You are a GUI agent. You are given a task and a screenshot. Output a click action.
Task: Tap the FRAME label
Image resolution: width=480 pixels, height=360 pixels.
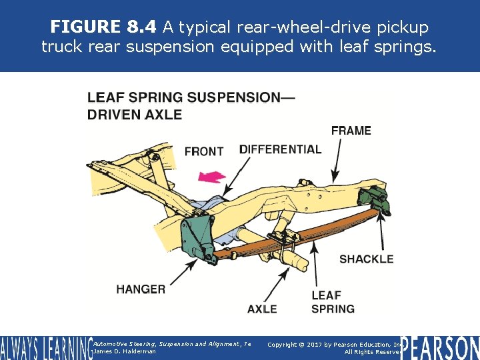pyautogui.click(x=351, y=131)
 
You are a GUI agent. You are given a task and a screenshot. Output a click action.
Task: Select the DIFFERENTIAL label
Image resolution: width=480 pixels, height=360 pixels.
pyautogui.click(x=280, y=149)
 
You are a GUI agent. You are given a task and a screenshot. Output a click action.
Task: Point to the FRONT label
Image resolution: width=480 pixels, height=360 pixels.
pyautogui.click(x=203, y=151)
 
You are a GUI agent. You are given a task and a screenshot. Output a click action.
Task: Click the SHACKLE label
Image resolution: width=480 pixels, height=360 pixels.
pyautogui.click(x=366, y=259)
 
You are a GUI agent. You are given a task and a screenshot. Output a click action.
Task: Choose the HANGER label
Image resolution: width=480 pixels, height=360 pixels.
pyautogui.click(x=141, y=289)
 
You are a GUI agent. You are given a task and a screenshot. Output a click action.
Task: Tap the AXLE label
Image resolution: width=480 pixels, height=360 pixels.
pyautogui.click(x=262, y=309)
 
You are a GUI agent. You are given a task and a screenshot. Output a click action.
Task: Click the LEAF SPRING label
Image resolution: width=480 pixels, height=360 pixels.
pyautogui.click(x=333, y=302)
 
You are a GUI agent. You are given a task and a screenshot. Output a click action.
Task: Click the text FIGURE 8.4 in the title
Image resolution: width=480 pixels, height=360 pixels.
pyautogui.click(x=104, y=27)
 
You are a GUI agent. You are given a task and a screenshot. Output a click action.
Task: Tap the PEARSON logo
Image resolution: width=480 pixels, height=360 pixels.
pyautogui.click(x=439, y=347)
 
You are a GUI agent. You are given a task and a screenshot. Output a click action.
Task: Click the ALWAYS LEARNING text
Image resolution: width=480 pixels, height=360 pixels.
pyautogui.click(x=45, y=347)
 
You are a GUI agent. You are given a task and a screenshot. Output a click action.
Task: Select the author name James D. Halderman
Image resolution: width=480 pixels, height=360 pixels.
pyautogui.click(x=125, y=351)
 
